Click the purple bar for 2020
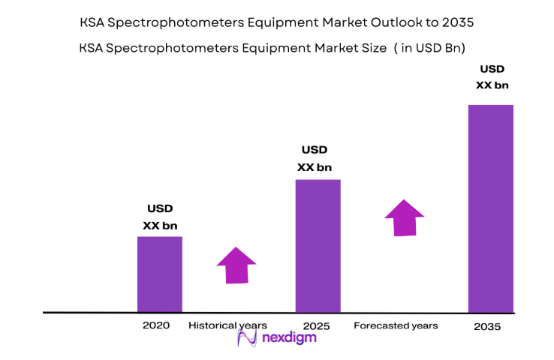(x=159, y=274)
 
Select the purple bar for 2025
(x=318, y=245)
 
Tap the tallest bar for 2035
(x=490, y=208)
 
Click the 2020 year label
(x=156, y=325)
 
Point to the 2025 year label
(x=317, y=326)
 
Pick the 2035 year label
(x=487, y=327)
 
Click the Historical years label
(x=227, y=325)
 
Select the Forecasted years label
(x=396, y=325)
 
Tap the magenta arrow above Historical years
(x=236, y=265)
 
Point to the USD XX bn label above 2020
(x=160, y=217)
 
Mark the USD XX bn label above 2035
(x=492, y=77)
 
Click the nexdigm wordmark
(x=289, y=338)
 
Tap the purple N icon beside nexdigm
(x=248, y=338)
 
